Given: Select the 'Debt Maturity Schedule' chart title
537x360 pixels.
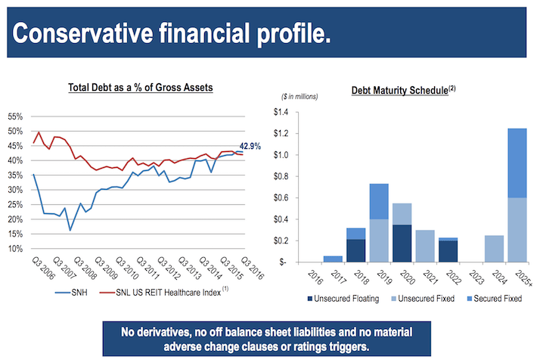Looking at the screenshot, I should point(400,91).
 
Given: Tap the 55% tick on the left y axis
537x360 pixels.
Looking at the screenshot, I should point(15,117).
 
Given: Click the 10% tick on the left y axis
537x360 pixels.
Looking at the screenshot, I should point(15,249).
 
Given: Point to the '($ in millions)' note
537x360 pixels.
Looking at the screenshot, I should point(300,96).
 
